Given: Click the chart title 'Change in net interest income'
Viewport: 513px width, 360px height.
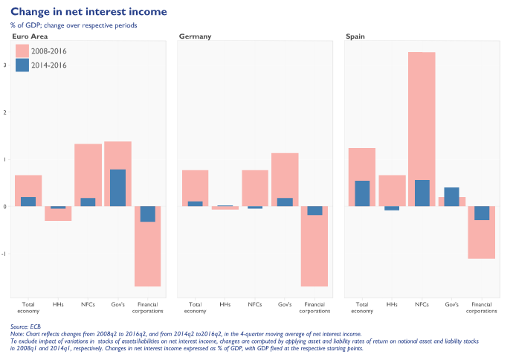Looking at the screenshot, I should click(x=88, y=12).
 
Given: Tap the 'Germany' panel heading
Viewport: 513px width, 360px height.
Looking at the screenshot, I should click(x=196, y=36).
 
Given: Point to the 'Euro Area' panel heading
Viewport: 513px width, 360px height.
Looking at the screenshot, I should click(x=30, y=36).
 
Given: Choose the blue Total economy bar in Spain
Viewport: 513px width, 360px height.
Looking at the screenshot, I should click(x=362, y=193).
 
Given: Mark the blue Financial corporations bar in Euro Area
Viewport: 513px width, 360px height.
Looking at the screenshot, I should click(x=147, y=214).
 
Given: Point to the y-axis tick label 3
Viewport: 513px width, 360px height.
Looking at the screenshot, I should click(x=5, y=65).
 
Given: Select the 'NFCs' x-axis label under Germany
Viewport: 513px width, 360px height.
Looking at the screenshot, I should click(x=255, y=305).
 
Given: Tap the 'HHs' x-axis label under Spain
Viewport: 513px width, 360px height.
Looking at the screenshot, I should click(x=392, y=305).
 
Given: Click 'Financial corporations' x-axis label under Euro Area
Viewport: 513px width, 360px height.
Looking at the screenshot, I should click(x=147, y=308).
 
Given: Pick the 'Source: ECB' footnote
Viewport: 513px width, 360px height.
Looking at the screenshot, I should click(x=26, y=327).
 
